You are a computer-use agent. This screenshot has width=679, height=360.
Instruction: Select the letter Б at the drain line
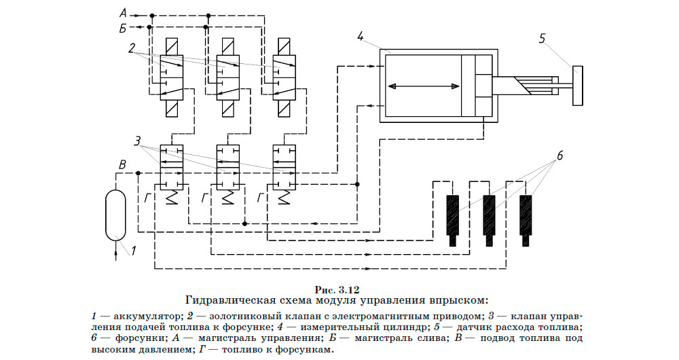122,27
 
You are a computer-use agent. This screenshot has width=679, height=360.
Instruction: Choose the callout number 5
542,39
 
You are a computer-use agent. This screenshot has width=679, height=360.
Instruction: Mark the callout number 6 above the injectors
560,156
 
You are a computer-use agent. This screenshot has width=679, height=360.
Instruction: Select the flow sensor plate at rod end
576,84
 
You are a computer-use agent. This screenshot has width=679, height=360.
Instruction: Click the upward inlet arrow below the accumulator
116,253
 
